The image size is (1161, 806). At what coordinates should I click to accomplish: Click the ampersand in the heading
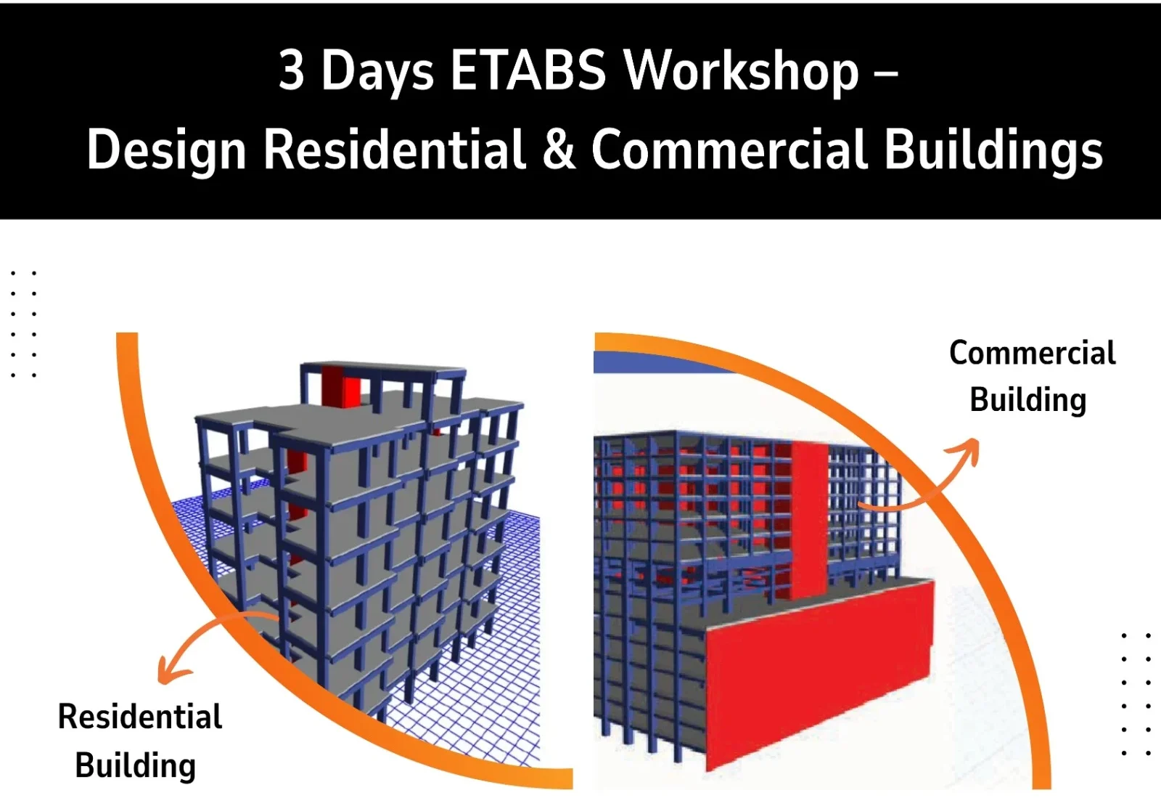[x=558, y=149]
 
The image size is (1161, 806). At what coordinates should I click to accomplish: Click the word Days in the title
[x=377, y=72]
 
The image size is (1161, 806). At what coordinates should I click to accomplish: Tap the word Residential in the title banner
[x=394, y=149]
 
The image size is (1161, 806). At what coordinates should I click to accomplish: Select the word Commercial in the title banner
[x=729, y=149]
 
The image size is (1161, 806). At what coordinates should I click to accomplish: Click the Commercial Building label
[x=1031, y=377]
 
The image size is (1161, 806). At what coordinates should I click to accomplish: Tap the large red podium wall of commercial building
[x=819, y=675]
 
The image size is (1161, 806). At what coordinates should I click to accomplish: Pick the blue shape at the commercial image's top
[x=658, y=363]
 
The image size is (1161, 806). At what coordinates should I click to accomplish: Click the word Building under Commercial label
[x=1028, y=400]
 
